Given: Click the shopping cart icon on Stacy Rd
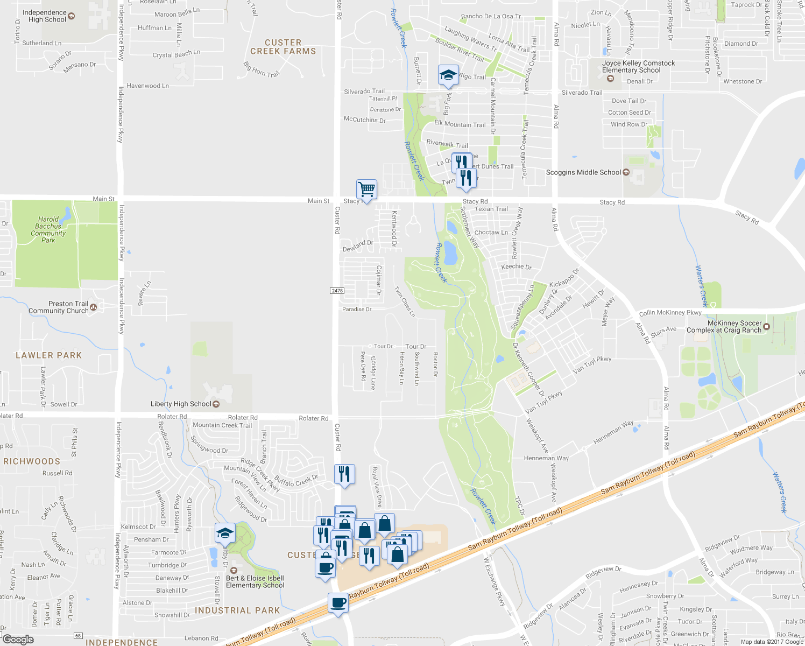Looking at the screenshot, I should [366, 189].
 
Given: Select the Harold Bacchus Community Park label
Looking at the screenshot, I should [48, 230].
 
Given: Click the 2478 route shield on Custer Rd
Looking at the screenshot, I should [337, 291].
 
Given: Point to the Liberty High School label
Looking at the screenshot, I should [181, 404].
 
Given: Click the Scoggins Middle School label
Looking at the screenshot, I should [583, 172].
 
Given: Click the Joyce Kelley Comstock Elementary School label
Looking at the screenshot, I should [638, 67].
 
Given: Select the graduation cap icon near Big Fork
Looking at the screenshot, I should [448, 75].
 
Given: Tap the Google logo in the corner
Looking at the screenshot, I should [18, 640].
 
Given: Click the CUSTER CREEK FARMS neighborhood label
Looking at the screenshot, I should [283, 47].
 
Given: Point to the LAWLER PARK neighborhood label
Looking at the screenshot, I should [49, 355].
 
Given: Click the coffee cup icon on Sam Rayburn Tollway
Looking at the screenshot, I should [338, 602].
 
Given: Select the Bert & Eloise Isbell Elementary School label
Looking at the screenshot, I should [255, 582].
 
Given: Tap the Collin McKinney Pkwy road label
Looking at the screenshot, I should [670, 313].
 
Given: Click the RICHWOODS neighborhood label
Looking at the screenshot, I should [32, 461].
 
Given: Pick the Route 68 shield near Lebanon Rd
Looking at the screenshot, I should [79, 636].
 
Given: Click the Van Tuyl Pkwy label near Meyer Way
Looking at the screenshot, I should [592, 364].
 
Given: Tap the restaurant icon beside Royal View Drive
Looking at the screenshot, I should [344, 474].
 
